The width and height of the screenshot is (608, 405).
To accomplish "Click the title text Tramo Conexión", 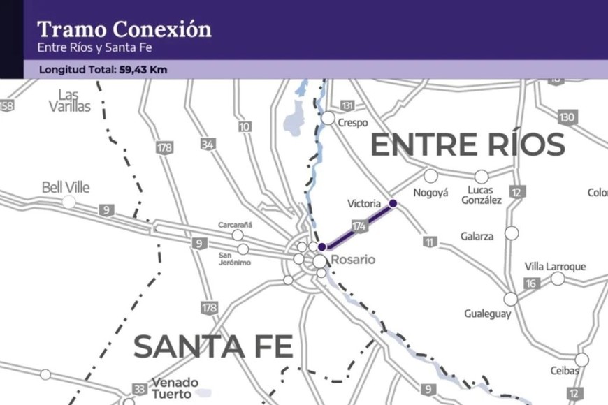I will point(124,29).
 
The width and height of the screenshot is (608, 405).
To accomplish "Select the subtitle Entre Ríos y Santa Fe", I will point(94,48).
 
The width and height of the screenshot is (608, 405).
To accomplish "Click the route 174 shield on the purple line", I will point(359,226).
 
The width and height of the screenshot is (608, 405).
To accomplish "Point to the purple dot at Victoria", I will point(393,203).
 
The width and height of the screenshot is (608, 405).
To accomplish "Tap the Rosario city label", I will point(353,260).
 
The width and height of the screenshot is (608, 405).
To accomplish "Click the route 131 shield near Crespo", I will point(347,105).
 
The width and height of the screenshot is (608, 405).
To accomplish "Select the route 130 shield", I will point(567,117).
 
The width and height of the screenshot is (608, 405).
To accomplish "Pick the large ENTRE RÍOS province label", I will point(467,145).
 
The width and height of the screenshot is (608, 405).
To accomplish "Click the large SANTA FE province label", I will point(212,346).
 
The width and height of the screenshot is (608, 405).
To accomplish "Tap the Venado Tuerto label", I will point(175,388).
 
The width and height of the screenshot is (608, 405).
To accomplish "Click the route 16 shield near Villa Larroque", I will point(531,283).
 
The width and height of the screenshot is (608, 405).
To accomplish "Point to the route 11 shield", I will point(428,242).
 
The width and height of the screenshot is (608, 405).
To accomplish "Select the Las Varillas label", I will point(70,101).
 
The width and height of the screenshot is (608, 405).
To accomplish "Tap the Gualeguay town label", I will point(488,314).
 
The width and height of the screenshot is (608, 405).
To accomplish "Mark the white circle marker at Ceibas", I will point(581,360).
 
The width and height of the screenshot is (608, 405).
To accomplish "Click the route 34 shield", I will point(208,145).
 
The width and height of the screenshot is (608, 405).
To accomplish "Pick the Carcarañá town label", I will point(235,225).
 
